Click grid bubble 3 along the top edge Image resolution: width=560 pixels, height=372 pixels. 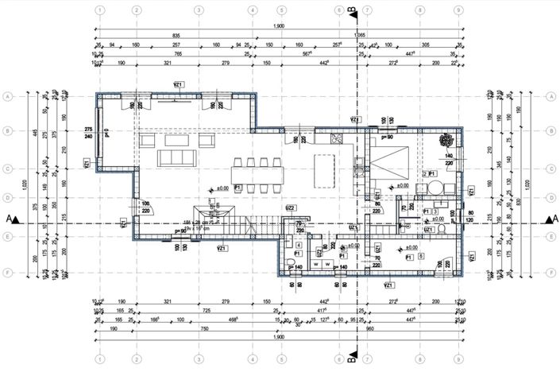point(198,11)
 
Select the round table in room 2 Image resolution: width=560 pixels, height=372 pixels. point(435,189)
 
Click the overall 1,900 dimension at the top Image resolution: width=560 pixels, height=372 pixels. point(280,26)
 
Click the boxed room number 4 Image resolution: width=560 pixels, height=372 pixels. point(298,246)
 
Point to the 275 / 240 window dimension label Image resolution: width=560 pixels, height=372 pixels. point(89,132)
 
